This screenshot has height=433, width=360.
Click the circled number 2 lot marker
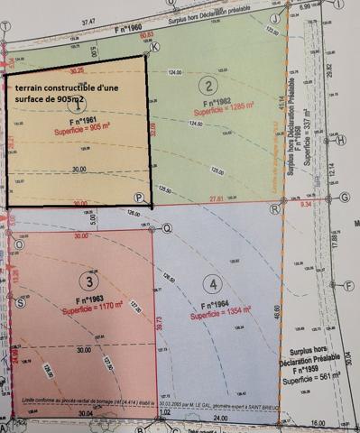(208, 86)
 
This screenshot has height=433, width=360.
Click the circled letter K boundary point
(155, 47)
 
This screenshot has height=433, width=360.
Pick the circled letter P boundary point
(138, 198)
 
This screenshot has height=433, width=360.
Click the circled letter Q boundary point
(165, 228)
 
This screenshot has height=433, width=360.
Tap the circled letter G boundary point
(344, 198)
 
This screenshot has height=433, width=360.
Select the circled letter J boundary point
(274, 17)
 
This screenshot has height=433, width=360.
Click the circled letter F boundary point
(348, 285)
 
